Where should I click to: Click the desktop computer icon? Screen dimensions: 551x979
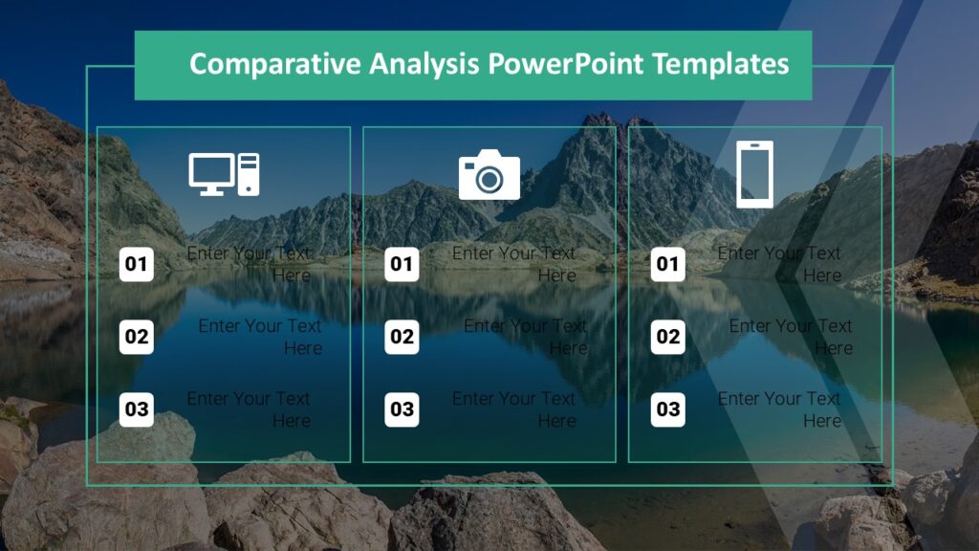pyautogui.click(x=224, y=174)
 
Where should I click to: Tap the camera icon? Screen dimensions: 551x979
pyautogui.click(x=489, y=174)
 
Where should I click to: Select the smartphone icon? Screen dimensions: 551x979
pyautogui.click(x=754, y=174)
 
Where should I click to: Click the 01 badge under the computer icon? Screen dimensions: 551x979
pyautogui.click(x=137, y=264)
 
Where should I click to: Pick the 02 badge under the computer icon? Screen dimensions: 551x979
pyautogui.click(x=137, y=337)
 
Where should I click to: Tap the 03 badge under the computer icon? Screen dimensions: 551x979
pyautogui.click(x=137, y=409)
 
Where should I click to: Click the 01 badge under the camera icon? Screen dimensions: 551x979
pyautogui.click(x=402, y=264)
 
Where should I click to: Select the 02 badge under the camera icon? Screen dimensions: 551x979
pyautogui.click(x=402, y=337)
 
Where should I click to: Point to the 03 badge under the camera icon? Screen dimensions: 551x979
pyautogui.click(x=402, y=409)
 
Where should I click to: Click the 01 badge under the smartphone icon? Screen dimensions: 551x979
pyautogui.click(x=668, y=264)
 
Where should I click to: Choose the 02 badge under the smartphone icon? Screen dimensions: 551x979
pyautogui.click(x=668, y=337)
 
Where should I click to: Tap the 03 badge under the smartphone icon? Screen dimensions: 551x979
pyautogui.click(x=668, y=409)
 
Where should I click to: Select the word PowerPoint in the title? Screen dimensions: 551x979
pyautogui.click(x=566, y=64)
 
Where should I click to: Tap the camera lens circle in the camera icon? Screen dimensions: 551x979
pyautogui.click(x=489, y=179)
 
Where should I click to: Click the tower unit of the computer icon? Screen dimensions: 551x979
pyautogui.click(x=249, y=174)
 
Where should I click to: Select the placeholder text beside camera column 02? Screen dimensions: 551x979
pyautogui.click(x=526, y=337)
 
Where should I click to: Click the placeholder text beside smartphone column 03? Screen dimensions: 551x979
pyautogui.click(x=779, y=409)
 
